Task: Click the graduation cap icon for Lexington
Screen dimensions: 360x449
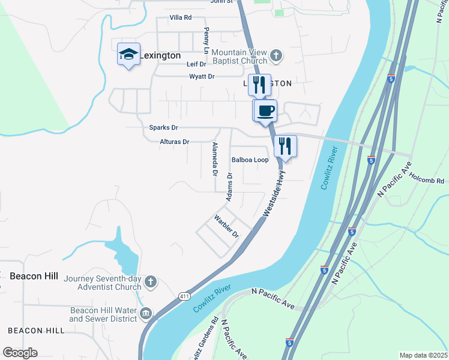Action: coord(128,55)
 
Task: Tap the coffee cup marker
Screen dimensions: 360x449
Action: coord(265,110)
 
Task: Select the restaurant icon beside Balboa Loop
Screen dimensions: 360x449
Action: coord(285,146)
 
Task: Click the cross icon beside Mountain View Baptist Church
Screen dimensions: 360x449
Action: coord(276,56)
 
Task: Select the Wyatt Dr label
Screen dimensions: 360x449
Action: coord(202,76)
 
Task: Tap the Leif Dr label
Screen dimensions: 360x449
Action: coord(196,64)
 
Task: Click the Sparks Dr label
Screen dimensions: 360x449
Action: coord(163,128)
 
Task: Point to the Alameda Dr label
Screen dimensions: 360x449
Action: coord(214,159)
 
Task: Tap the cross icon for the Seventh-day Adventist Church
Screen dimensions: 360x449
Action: coord(150,281)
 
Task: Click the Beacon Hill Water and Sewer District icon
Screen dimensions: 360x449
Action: coord(145,314)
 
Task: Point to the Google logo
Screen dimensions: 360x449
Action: coord(20,353)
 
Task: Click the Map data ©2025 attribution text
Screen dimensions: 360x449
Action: coord(423,355)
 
